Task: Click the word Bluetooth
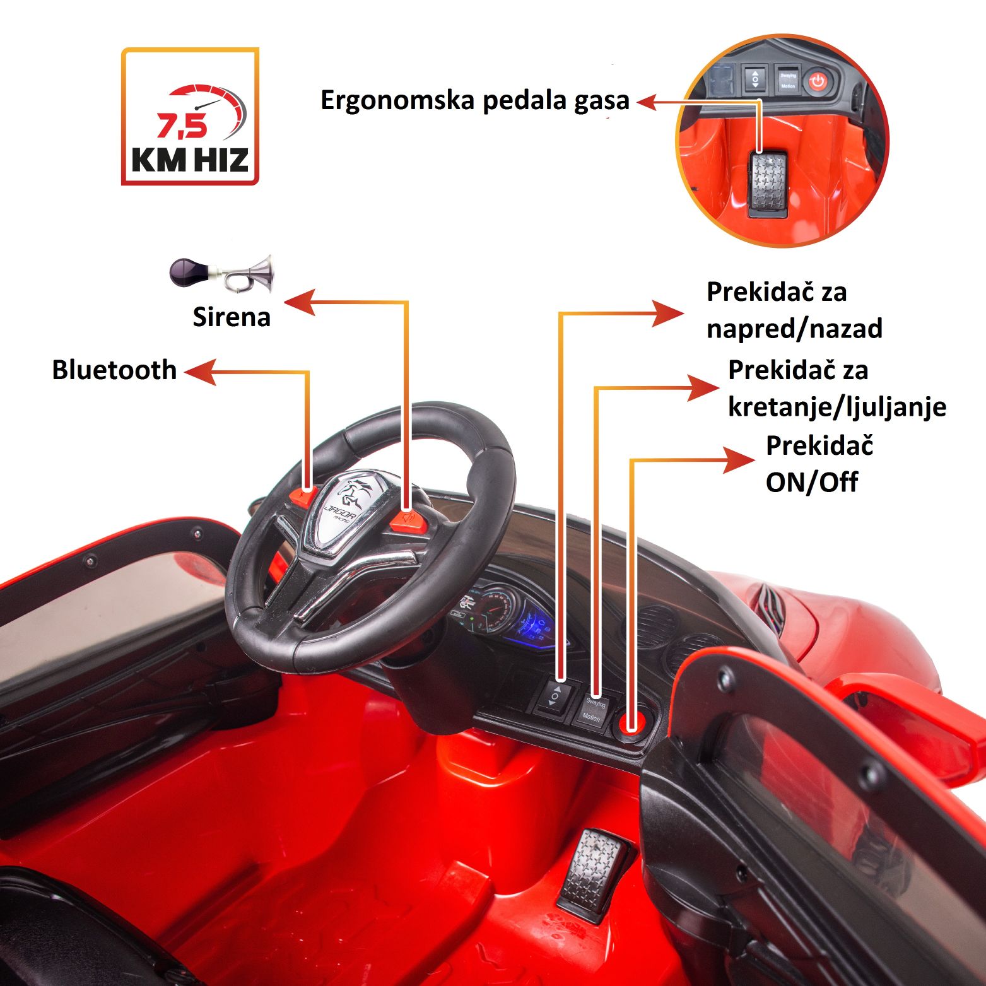[114, 370]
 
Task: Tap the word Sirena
[232, 317]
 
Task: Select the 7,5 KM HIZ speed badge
[190, 117]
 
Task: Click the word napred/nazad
[794, 329]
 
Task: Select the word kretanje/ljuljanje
[837, 407]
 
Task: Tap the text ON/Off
[812, 483]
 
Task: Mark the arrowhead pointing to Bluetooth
[201, 372]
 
